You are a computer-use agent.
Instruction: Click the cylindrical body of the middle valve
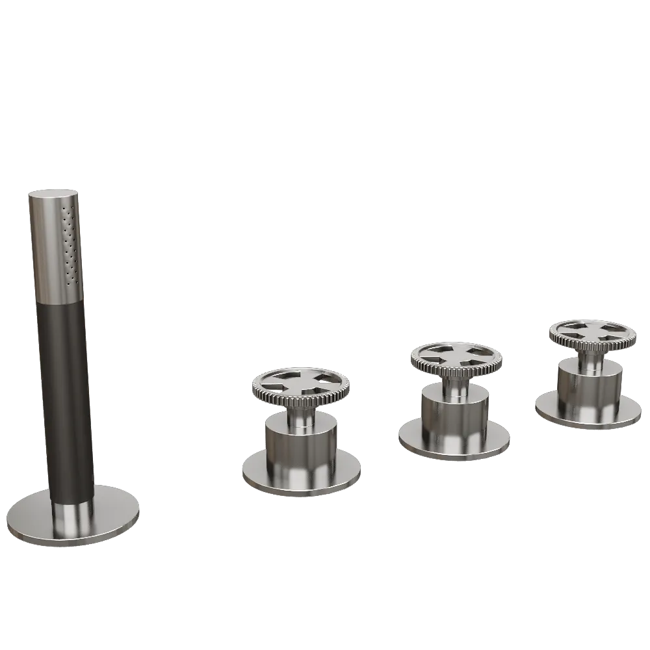point(455,413)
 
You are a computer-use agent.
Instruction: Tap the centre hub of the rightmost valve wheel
point(590,330)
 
